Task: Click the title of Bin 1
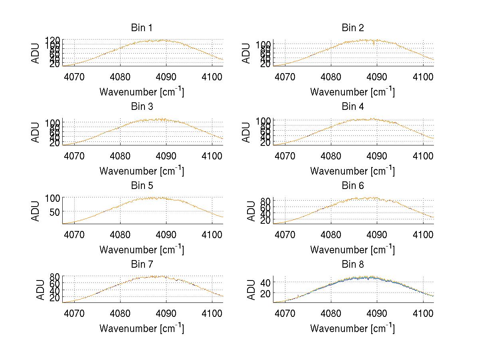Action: click(x=141, y=28)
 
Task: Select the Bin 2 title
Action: click(x=353, y=28)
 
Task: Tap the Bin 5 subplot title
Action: click(x=141, y=186)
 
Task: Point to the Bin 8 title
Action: click(x=353, y=265)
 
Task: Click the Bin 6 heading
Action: click(x=353, y=186)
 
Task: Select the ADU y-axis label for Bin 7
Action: click(x=36, y=289)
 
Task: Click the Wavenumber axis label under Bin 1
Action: click(x=141, y=92)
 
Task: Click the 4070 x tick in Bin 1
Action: click(x=74, y=77)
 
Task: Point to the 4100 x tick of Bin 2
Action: click(x=423, y=77)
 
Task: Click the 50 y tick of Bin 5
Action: click(x=55, y=211)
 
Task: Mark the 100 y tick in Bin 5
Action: click(x=52, y=198)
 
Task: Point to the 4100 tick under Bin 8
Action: click(x=423, y=313)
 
